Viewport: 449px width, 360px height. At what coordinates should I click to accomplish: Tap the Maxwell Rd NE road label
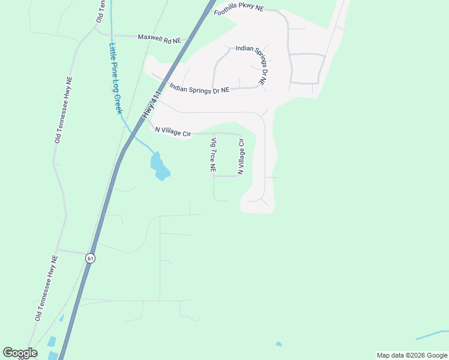[x=159, y=38]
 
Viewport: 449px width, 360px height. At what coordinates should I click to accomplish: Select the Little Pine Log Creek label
[x=116, y=79]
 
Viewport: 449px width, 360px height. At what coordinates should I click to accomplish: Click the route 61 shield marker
[x=89, y=258]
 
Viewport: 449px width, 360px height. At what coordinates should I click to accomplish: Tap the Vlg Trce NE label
[x=212, y=155]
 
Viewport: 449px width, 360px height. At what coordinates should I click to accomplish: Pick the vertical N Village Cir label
[x=241, y=157]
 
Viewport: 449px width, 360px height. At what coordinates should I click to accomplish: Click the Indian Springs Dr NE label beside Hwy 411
[x=199, y=88]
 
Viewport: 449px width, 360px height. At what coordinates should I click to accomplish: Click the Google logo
[x=20, y=353]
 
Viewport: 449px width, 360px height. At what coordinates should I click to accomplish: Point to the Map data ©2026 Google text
[x=412, y=355]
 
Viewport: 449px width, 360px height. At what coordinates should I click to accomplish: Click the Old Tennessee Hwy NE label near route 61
[x=46, y=288]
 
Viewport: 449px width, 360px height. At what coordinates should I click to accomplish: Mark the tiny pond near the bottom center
[x=279, y=344]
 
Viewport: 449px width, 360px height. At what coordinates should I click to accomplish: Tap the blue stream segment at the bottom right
[x=431, y=334]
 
